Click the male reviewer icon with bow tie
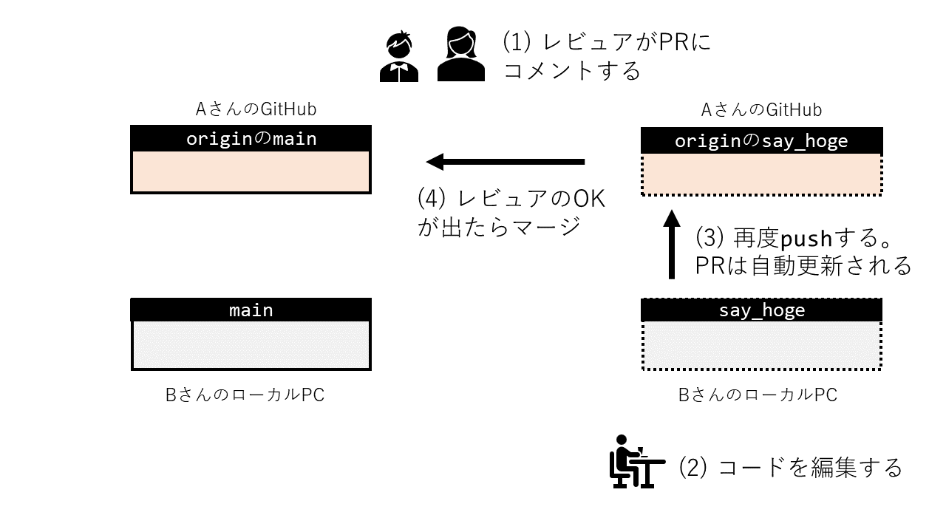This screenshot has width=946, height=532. coord(398,56)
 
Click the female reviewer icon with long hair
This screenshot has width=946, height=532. coord(460,55)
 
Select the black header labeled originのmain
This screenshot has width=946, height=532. coord(251,138)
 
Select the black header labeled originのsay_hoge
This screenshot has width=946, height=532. coord(761,141)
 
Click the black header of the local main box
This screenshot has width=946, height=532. coord(251,310)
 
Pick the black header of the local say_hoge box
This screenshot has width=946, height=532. coord(761,310)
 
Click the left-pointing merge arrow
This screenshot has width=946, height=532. coord(506,161)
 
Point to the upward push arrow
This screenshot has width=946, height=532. coord(671,245)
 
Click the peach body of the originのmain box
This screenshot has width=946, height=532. coord(251,171)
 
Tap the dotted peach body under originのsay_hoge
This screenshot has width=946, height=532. coord(761,174)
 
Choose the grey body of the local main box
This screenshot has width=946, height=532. coord(251,344)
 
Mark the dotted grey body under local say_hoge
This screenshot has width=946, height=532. coord(761,344)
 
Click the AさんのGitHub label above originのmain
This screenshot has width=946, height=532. coord(256,109)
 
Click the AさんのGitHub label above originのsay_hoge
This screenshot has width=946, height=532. coord(761,110)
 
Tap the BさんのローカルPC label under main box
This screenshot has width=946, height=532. coord(245,395)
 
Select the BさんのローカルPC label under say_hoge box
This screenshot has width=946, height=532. coord(758,395)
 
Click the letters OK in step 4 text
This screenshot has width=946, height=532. coord(588,199)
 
